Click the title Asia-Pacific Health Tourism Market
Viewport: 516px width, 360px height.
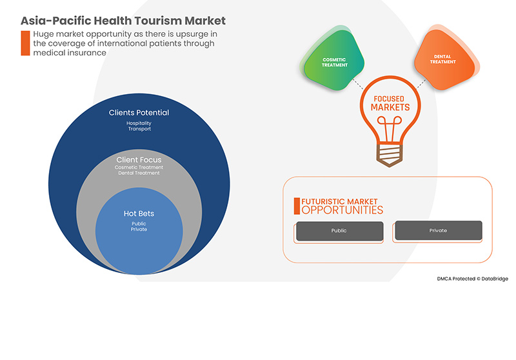pyautogui.click(x=123, y=21)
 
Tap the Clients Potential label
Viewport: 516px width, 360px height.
pyautogui.click(x=139, y=113)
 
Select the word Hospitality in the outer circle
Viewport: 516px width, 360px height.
pyautogui.click(x=139, y=122)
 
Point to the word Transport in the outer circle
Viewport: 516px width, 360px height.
pyautogui.click(x=139, y=128)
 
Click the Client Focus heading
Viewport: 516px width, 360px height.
pyautogui.click(x=139, y=159)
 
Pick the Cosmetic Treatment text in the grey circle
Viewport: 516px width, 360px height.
pyautogui.click(x=139, y=168)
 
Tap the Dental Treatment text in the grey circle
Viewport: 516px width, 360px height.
pyautogui.click(x=139, y=174)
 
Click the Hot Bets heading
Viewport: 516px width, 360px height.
pyautogui.click(x=139, y=213)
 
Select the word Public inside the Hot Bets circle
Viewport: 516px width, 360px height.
pyautogui.click(x=139, y=223)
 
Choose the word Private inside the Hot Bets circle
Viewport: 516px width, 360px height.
pyautogui.click(x=139, y=229)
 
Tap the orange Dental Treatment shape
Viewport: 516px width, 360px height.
pyautogui.click(x=443, y=61)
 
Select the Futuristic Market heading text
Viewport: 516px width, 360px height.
pyautogui.click(x=340, y=202)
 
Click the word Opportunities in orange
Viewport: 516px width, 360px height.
pyautogui.click(x=342, y=210)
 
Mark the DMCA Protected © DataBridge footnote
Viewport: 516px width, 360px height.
pyautogui.click(x=472, y=278)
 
